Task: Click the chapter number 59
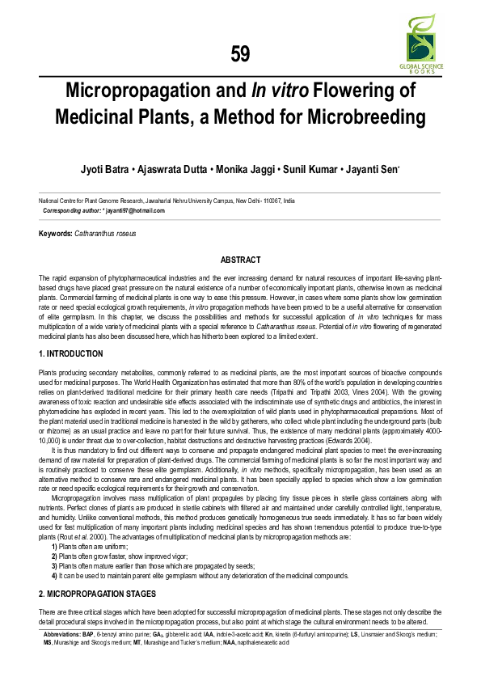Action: [x=240, y=54]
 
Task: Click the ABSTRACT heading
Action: [x=240, y=260]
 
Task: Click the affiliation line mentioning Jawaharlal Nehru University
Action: [x=167, y=200]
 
